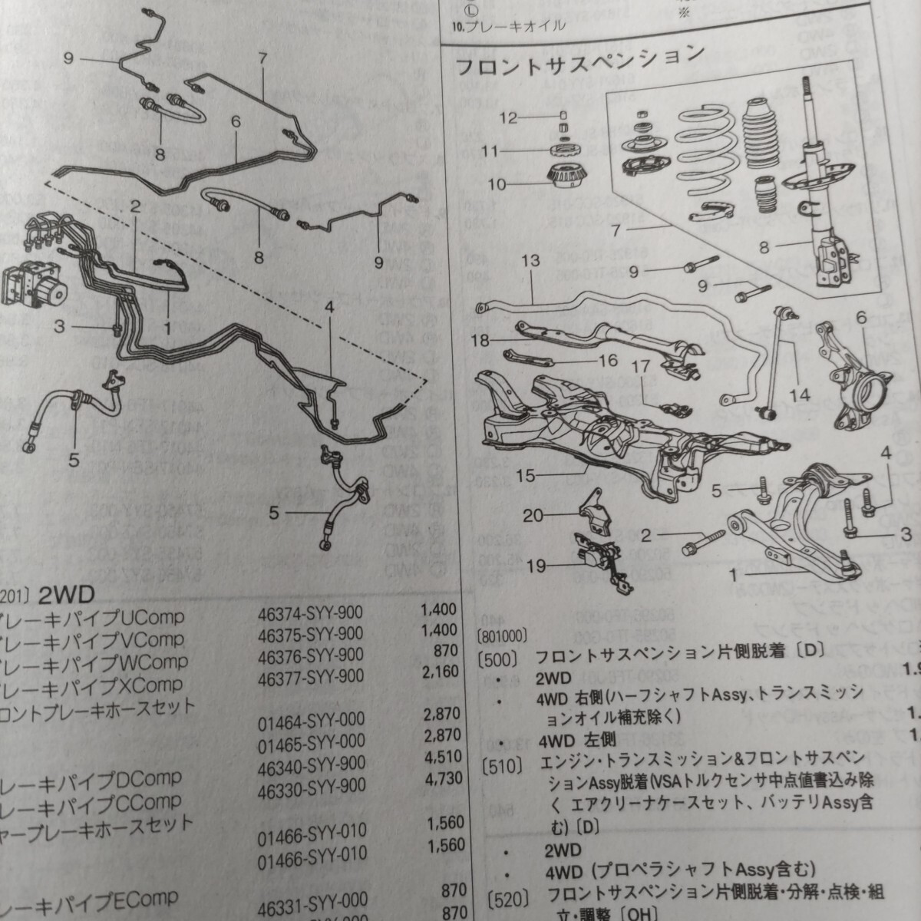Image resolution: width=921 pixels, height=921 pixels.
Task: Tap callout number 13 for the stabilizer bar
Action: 530,260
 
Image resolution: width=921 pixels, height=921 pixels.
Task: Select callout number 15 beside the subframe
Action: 525,476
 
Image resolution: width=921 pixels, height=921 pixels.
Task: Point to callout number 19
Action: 536,566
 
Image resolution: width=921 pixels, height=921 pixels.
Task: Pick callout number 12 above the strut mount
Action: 510,117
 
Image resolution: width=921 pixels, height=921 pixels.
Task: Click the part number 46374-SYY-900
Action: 311,612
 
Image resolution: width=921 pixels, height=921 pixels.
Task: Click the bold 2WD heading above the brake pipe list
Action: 64,596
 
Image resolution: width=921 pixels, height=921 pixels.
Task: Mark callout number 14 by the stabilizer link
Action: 800,395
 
